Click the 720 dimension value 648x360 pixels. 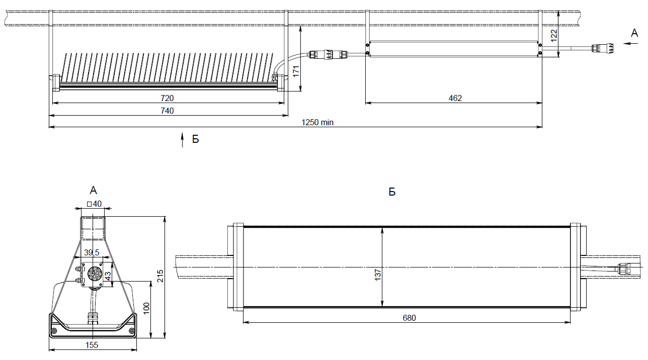(x=167, y=98)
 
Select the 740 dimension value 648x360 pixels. (x=167, y=111)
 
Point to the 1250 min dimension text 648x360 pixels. (x=317, y=122)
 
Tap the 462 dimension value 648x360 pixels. (x=455, y=98)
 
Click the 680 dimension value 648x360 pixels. (x=410, y=318)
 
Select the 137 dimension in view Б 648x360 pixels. (x=378, y=274)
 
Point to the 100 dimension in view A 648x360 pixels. (x=146, y=308)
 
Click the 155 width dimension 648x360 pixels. (x=92, y=345)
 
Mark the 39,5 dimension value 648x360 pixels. (x=92, y=251)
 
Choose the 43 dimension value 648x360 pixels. (x=108, y=276)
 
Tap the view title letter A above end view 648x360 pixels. (x=93, y=190)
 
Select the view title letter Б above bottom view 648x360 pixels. (x=392, y=192)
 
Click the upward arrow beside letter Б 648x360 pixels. (x=183, y=140)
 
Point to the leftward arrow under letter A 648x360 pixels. (x=630, y=44)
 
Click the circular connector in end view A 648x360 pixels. (x=94, y=274)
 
